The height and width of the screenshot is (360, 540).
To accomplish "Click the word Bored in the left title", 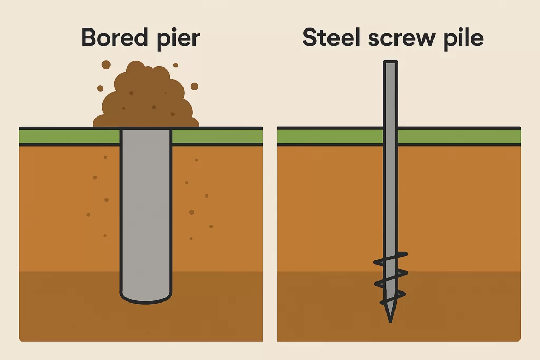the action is click(114, 37).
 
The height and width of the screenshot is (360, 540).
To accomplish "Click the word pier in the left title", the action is click(178, 39).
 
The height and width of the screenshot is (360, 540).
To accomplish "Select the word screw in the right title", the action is click(401, 39).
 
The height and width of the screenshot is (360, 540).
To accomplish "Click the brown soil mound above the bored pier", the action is click(146, 96).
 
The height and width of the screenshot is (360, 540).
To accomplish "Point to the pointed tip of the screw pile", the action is click(390, 322).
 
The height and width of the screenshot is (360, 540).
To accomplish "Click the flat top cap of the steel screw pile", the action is click(391, 62).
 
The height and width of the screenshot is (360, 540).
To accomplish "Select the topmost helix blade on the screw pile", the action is click(391, 258).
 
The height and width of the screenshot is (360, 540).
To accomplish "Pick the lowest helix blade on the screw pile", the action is click(392, 298).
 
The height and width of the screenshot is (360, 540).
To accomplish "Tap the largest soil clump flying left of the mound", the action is click(106, 64).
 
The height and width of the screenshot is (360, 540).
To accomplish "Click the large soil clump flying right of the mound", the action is click(195, 86).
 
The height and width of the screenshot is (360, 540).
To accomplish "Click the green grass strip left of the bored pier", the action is click(69, 137).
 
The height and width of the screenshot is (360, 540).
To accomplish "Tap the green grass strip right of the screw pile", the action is click(459, 137).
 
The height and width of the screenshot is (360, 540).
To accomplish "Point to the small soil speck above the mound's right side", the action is click(176, 65).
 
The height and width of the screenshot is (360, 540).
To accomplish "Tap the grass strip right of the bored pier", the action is click(217, 137).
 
